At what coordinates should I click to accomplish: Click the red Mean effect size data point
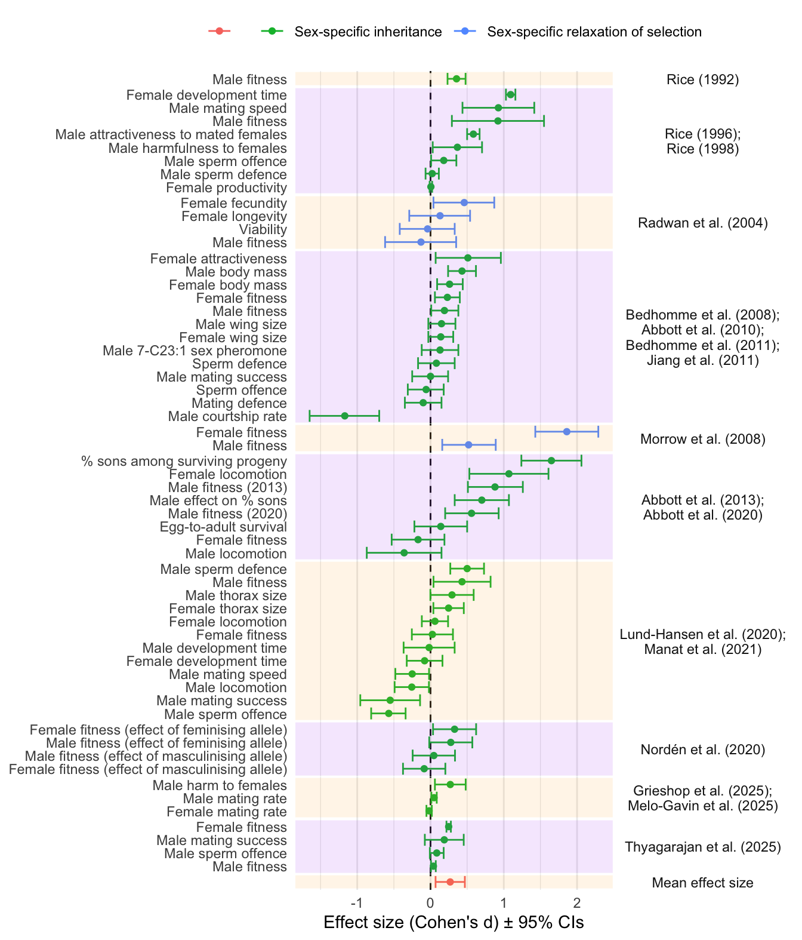pyautogui.click(x=450, y=882)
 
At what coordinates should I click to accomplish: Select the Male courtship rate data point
pyautogui.click(x=344, y=416)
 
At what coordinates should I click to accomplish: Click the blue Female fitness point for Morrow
pyautogui.click(x=566, y=431)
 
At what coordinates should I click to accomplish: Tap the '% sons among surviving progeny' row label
pyautogui.click(x=184, y=461)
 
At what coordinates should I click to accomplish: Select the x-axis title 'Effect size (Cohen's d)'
pyautogui.click(x=454, y=923)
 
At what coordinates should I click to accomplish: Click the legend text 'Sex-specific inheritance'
pyautogui.click(x=368, y=32)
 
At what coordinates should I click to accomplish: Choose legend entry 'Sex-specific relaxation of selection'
pyautogui.click(x=594, y=32)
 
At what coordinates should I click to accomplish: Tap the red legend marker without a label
pyautogui.click(x=219, y=31)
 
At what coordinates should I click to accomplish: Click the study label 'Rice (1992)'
pyautogui.click(x=702, y=79)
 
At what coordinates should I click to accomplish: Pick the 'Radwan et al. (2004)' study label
pyautogui.click(x=702, y=223)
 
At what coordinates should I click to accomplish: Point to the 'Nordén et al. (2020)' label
pyautogui.click(x=702, y=749)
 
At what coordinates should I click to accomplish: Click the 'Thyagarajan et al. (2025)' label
pyautogui.click(x=702, y=847)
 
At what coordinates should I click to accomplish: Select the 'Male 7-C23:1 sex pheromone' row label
pyautogui.click(x=195, y=351)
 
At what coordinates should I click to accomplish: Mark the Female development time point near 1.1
pyautogui.click(x=510, y=94)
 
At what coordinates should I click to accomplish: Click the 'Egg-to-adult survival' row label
pyautogui.click(x=223, y=527)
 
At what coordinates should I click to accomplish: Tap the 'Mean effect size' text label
pyautogui.click(x=702, y=883)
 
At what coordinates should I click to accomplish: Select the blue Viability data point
pyautogui.click(x=427, y=229)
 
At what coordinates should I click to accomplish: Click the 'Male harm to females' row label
pyautogui.click(x=220, y=785)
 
